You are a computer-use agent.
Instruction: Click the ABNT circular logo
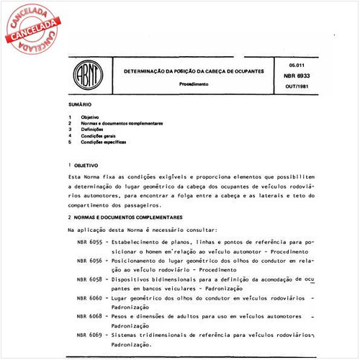(x=86, y=76)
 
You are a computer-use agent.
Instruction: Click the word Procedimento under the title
(x=194, y=84)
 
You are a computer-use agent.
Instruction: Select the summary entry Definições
(x=93, y=129)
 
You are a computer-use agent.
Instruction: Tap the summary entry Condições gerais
(x=99, y=135)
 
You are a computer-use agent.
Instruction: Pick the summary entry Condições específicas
(x=104, y=142)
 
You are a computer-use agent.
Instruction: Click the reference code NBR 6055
(x=88, y=243)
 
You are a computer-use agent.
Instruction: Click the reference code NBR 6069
(x=88, y=336)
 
